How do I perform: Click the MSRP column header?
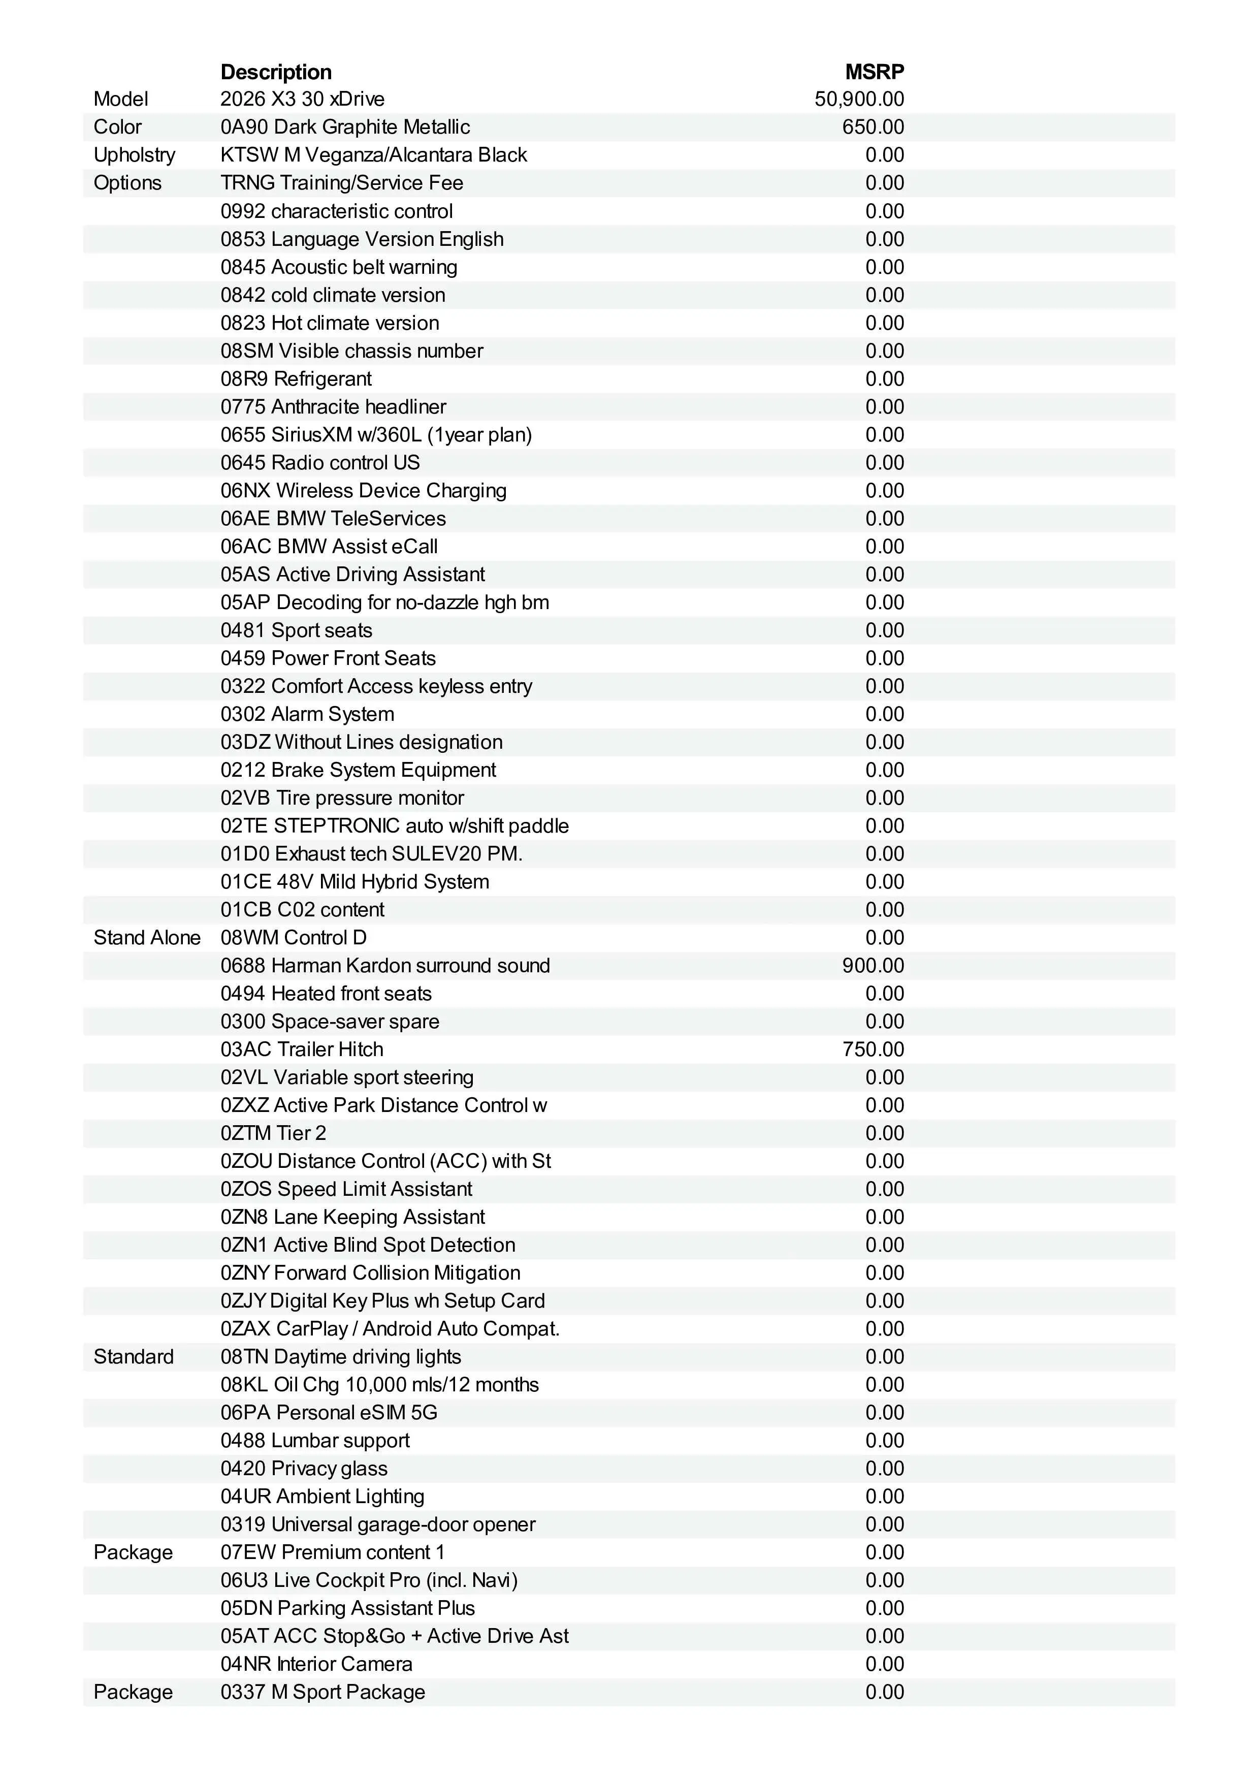point(874,72)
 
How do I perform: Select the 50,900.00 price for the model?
point(859,100)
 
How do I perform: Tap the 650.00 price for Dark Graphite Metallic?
point(873,128)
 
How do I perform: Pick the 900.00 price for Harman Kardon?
point(873,966)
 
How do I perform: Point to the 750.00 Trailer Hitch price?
point(873,1049)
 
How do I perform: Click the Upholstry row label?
point(134,155)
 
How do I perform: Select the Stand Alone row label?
point(147,938)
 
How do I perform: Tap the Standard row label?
point(134,1357)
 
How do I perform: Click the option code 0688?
point(243,966)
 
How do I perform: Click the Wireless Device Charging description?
point(391,491)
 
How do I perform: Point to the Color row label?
point(117,128)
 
